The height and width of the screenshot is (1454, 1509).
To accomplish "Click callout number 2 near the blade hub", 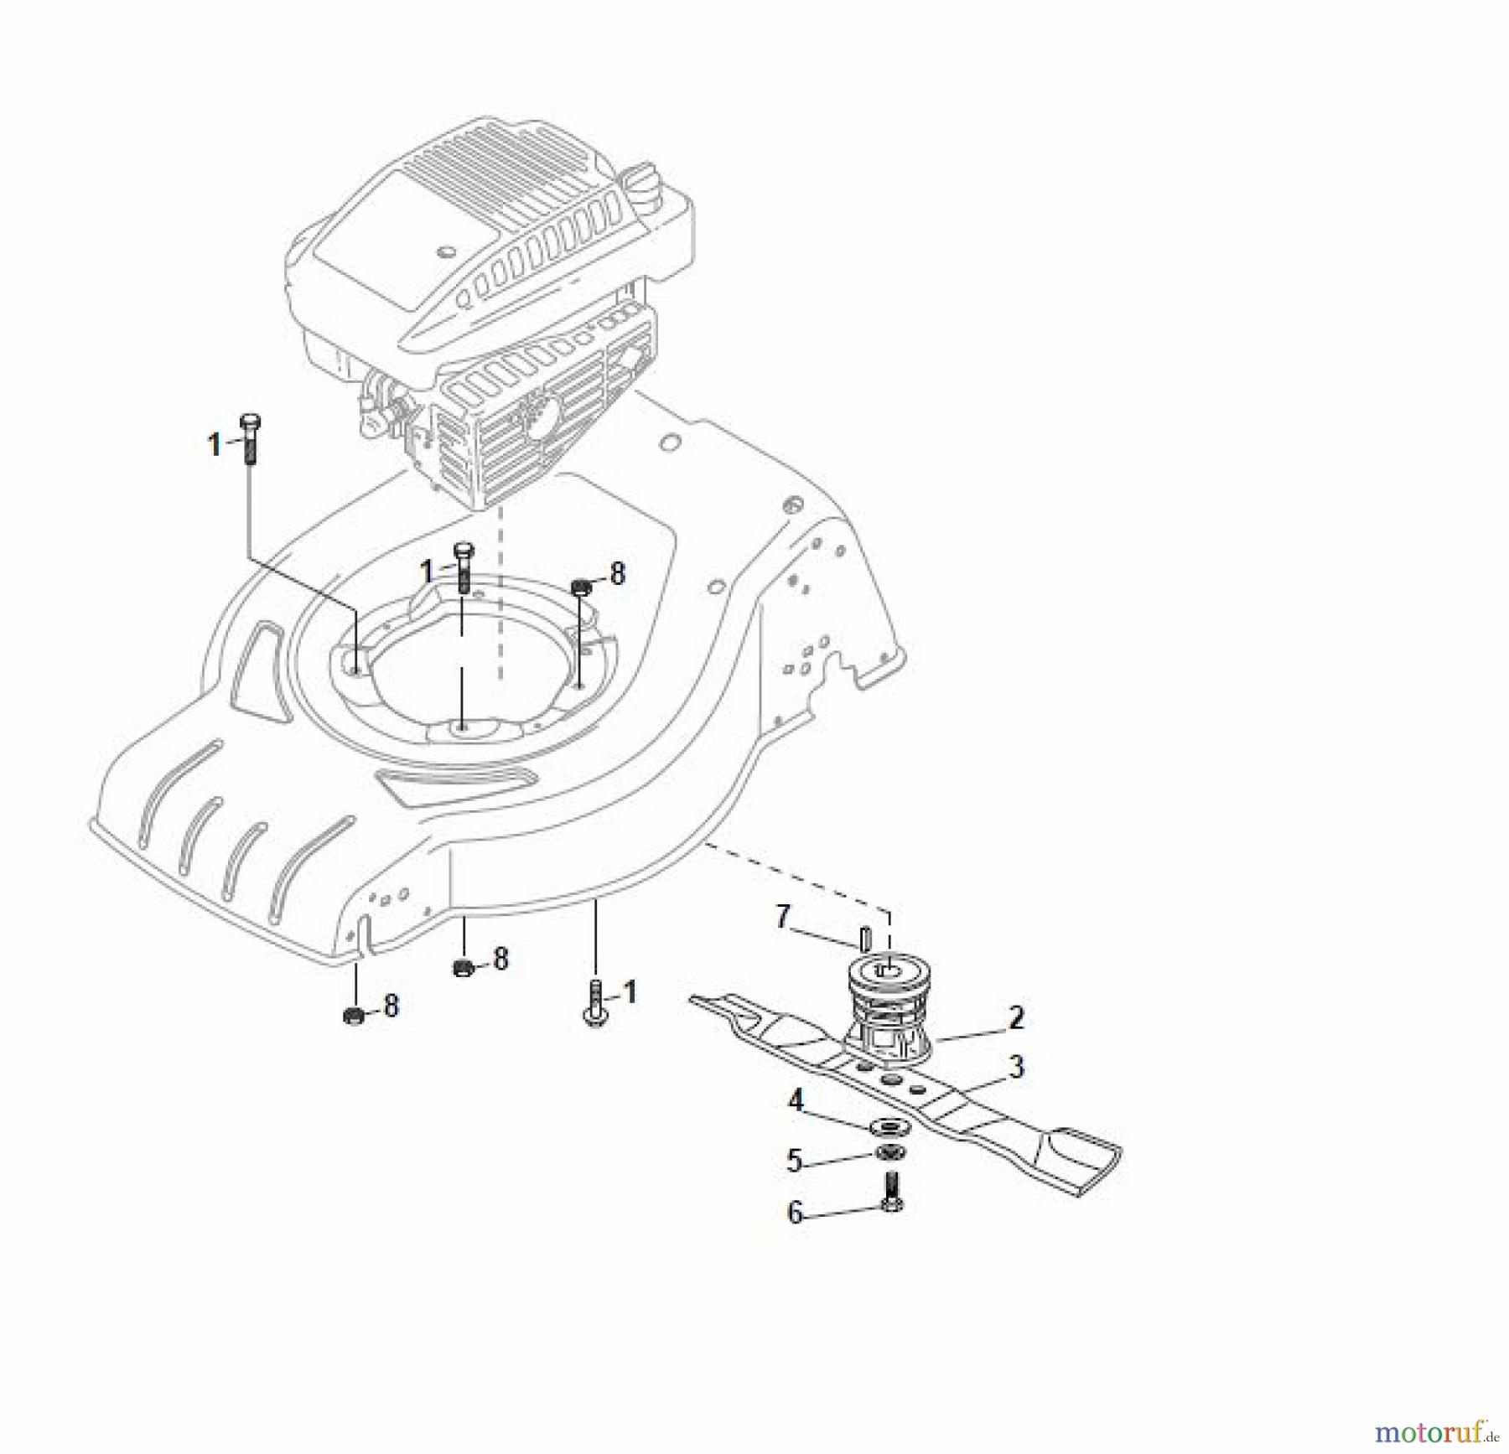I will [1016, 1018].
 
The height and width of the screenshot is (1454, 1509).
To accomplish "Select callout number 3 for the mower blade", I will [1016, 1068].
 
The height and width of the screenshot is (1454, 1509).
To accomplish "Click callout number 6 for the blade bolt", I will [795, 1213].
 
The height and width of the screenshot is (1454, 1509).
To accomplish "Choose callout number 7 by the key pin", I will [783, 917].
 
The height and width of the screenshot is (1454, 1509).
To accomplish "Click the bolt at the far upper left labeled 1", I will [250, 438].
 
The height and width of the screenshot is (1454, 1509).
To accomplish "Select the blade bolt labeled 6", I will [892, 1193].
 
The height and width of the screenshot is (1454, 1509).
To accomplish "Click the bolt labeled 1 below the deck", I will [595, 1003].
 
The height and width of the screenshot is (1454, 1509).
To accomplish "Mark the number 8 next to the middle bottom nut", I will [501, 959].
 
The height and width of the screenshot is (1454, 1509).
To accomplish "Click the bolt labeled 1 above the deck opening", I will [464, 568].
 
